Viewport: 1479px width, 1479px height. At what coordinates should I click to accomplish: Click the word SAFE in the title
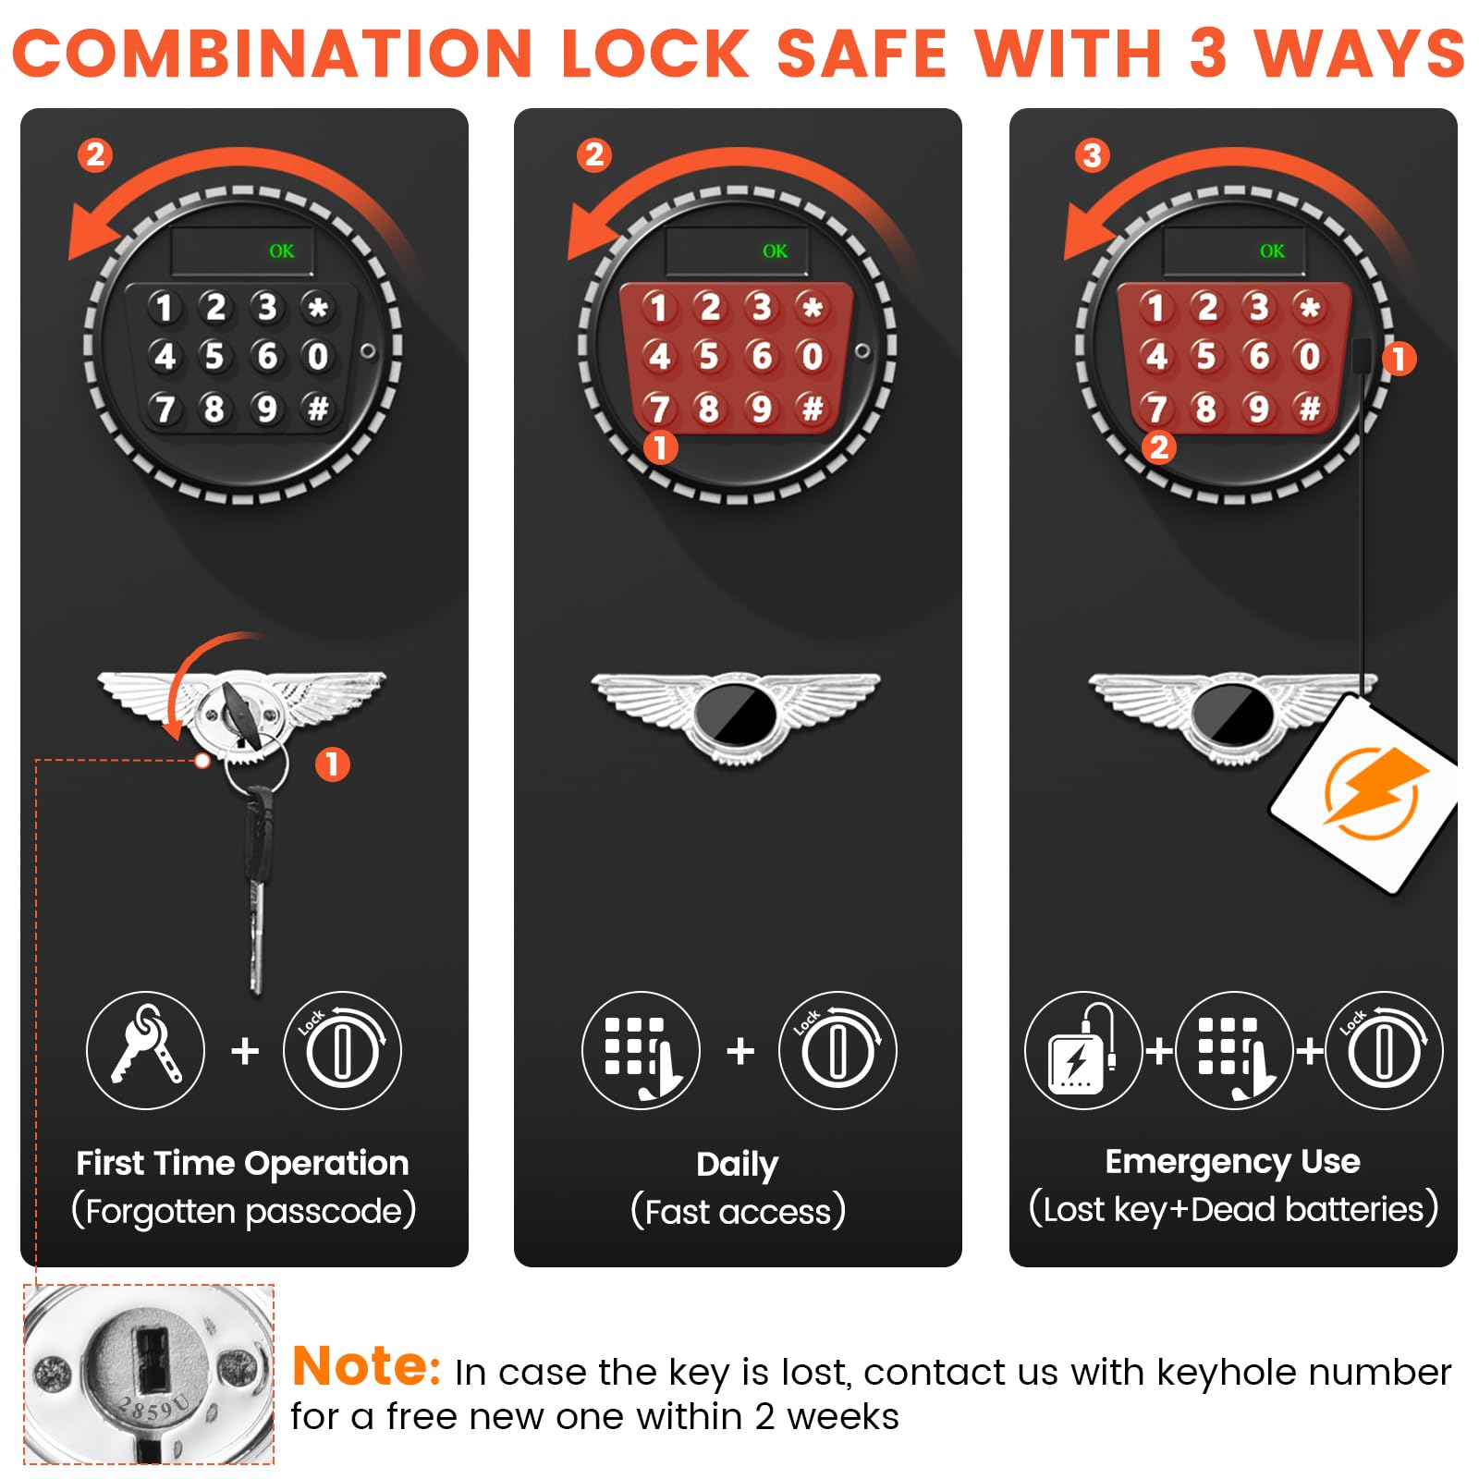point(862,53)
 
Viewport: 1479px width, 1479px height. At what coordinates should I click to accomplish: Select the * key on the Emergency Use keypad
point(1309,307)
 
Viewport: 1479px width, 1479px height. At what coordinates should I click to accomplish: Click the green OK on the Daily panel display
point(775,251)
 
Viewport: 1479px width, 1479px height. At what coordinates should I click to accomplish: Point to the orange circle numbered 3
point(1092,155)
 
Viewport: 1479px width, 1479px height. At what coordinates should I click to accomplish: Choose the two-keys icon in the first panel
point(145,1050)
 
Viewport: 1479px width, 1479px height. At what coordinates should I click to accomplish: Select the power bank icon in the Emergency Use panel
point(1083,1050)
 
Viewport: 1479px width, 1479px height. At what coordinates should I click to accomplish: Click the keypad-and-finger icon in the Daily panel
point(641,1050)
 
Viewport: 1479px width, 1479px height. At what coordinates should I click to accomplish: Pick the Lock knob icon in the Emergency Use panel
point(1384,1050)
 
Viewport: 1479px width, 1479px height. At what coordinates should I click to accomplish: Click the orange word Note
point(366,1366)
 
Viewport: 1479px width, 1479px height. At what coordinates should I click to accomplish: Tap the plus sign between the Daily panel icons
point(740,1051)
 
